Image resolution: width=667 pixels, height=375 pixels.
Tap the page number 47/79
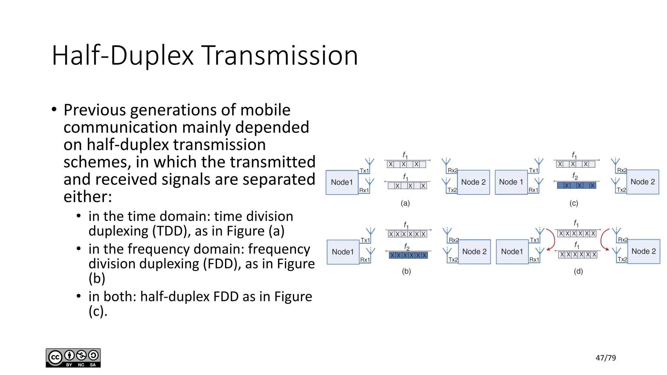pos(605,358)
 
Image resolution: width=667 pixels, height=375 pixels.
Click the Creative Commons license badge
pos(73,358)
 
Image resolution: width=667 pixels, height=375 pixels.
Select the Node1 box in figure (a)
pos(342,182)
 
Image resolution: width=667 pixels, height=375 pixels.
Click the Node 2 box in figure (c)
pos(642,182)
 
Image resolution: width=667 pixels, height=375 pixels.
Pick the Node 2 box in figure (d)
pos(643,251)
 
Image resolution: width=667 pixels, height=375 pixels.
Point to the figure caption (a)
pos(405,203)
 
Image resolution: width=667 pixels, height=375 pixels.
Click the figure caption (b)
pos(406,271)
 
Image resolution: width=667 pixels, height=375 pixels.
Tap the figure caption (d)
pos(578,271)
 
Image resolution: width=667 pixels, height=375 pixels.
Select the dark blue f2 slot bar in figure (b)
pos(408,255)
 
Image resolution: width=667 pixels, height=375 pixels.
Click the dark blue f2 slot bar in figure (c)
pos(576,186)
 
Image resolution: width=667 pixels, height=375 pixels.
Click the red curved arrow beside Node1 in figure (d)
pos(551,240)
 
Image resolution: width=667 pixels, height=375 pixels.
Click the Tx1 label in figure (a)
pos(364,171)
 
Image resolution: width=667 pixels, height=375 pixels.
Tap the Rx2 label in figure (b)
pos(453,240)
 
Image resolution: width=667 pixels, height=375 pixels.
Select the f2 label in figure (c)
pos(575,176)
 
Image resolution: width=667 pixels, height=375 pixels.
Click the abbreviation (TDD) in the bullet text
pos(172,231)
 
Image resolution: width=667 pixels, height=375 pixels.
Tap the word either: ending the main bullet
pos(88,197)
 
